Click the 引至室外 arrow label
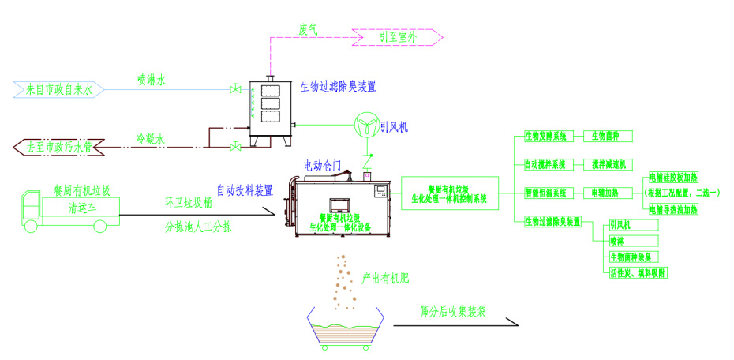(398, 36)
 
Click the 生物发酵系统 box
(546, 136)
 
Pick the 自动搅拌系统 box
(546, 164)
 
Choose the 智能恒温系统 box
(546, 193)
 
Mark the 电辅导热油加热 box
(673, 208)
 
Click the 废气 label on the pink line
(308, 29)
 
